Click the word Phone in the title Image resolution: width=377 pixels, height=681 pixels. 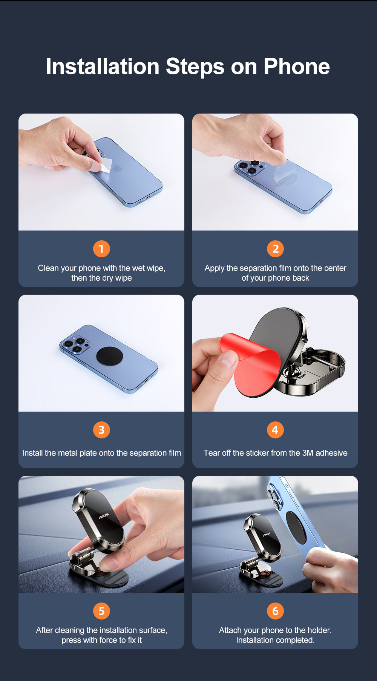[297, 66]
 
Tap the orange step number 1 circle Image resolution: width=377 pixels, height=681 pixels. [101, 249]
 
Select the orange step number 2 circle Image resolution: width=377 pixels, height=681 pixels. [275, 249]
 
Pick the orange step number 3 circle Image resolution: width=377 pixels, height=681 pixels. [101, 430]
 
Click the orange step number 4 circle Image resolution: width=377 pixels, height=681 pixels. [275, 430]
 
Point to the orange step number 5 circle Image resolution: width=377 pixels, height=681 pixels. [101, 611]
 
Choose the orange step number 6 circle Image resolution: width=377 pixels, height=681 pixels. [275, 611]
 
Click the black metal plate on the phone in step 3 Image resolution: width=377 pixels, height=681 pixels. [109, 356]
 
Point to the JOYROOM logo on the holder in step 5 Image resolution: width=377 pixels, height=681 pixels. [104, 516]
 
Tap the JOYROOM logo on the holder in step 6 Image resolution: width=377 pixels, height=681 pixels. [267, 535]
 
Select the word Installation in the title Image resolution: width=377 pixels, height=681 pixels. [103, 66]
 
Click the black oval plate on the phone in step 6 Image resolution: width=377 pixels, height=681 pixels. [296, 527]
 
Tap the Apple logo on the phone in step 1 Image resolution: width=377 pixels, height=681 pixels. [118, 168]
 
